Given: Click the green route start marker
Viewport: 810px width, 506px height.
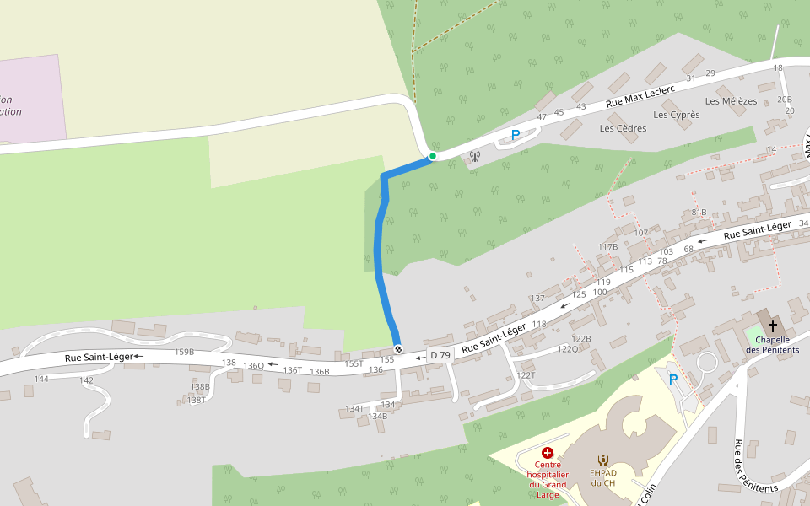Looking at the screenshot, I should click(x=433, y=156).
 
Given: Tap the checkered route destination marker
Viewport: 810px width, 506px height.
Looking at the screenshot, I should click(x=398, y=349).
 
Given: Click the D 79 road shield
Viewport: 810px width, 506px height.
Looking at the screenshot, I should click(x=440, y=356).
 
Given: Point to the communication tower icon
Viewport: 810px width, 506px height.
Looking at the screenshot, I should click(x=474, y=155).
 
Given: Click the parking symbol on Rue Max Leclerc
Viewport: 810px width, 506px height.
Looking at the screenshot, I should click(x=516, y=135).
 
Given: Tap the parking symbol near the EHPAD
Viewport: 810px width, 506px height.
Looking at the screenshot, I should click(x=673, y=379).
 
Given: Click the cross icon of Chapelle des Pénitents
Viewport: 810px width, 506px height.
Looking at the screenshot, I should click(x=772, y=326).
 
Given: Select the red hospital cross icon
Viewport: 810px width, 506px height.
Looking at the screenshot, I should click(x=548, y=453).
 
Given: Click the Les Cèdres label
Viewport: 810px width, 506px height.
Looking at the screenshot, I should click(x=623, y=128).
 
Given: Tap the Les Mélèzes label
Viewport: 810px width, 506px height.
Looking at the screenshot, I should click(x=731, y=101).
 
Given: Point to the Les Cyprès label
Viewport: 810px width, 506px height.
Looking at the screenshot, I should click(x=677, y=115).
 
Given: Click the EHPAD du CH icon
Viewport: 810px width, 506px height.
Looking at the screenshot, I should click(x=603, y=460).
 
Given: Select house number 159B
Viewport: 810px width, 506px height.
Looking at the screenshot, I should click(x=184, y=352).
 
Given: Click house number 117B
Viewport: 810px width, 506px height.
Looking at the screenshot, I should click(x=608, y=246).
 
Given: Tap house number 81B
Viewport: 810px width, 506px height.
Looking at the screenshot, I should click(x=699, y=212).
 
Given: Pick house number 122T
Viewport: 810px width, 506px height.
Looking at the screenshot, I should click(x=526, y=375).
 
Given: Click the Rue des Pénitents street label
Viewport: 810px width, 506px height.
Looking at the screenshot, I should click(x=754, y=466).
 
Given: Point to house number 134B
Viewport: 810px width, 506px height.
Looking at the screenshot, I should click(x=378, y=416).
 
